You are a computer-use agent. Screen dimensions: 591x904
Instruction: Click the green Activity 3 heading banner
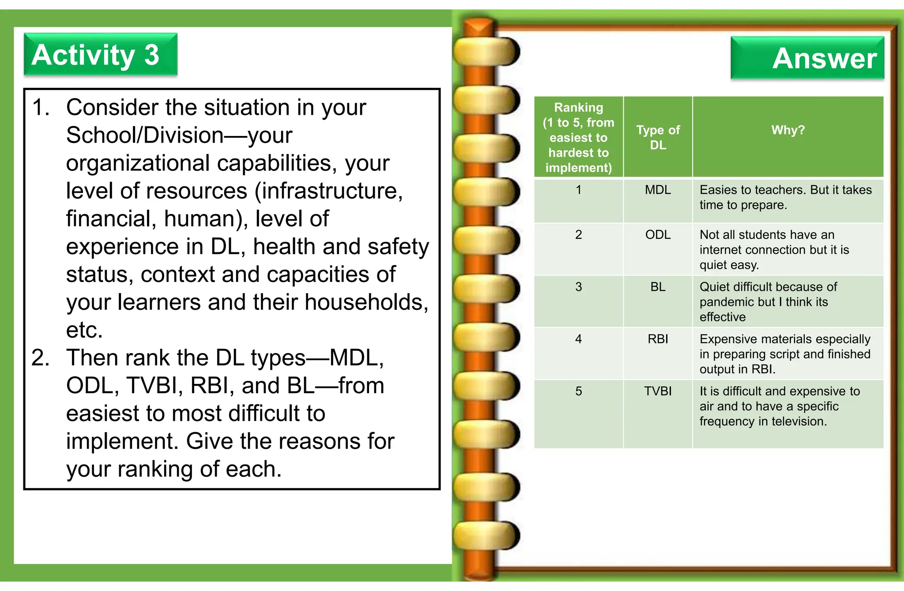click(100, 54)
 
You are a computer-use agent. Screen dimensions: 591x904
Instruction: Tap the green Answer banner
click(807, 58)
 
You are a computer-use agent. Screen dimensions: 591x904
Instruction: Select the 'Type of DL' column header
click(657, 137)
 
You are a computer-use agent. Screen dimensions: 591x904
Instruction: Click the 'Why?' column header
click(787, 130)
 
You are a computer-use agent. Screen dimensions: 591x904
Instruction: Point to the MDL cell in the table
click(657, 190)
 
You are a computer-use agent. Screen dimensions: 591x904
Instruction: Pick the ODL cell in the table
click(657, 235)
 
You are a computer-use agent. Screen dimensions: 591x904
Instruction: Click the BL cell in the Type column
click(657, 287)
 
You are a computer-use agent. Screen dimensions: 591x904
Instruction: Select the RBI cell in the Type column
click(657, 339)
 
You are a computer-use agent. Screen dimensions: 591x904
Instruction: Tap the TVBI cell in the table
click(657, 391)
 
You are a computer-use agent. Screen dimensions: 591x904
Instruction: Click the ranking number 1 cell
click(578, 190)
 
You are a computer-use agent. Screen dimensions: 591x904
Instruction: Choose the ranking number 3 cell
click(578, 287)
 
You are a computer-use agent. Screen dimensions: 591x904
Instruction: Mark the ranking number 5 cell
click(578, 391)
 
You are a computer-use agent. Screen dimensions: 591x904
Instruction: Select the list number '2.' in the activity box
click(41, 358)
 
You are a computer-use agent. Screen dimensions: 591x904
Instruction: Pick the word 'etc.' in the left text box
click(84, 330)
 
